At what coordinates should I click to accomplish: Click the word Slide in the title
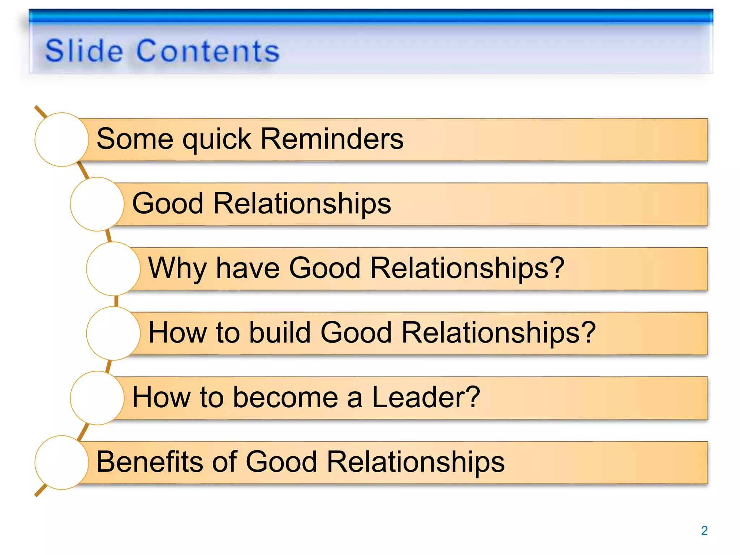pos(84,51)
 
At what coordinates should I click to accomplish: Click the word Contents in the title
pos(208,51)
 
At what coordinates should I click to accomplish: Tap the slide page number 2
pos(704,530)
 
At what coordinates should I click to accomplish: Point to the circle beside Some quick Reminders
pos(62,139)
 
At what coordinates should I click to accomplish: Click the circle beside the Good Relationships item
pos(97,204)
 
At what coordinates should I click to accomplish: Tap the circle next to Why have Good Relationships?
pos(113,269)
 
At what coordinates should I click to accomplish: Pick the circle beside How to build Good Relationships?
pos(113,333)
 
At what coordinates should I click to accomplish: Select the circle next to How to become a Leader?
pos(97,398)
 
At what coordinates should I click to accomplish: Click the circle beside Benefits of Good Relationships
pos(62,462)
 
